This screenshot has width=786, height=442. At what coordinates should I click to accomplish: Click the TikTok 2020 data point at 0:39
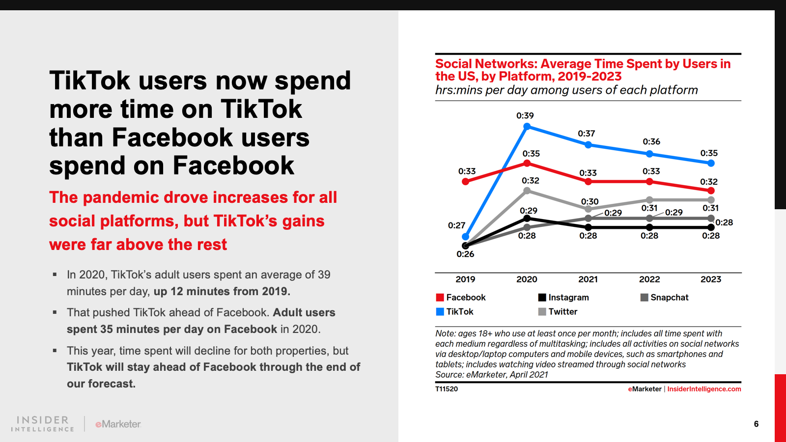(x=527, y=127)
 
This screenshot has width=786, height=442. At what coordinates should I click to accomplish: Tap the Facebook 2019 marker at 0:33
(x=466, y=182)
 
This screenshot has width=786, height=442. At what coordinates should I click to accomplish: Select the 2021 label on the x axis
(x=588, y=279)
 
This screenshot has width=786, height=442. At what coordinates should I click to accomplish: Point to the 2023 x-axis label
(x=710, y=279)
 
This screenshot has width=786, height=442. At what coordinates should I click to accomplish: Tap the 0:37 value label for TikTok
(x=586, y=134)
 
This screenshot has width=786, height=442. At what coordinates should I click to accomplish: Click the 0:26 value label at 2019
(x=465, y=254)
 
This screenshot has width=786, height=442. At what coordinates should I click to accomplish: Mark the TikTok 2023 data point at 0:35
(x=711, y=163)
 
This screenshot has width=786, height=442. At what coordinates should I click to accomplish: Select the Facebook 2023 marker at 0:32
(x=711, y=190)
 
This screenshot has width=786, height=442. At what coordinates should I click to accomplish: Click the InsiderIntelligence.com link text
(x=704, y=389)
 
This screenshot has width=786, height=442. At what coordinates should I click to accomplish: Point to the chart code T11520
(x=447, y=389)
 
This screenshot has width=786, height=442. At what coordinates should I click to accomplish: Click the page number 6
(x=756, y=424)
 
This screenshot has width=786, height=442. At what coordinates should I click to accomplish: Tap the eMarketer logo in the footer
(x=118, y=424)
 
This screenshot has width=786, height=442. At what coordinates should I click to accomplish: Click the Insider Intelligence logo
(x=43, y=424)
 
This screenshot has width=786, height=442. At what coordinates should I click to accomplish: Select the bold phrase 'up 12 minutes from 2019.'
(x=222, y=291)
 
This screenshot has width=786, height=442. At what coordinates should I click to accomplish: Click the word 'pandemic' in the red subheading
(x=120, y=197)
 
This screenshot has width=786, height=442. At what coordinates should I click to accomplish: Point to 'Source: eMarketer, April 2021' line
(x=491, y=375)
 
